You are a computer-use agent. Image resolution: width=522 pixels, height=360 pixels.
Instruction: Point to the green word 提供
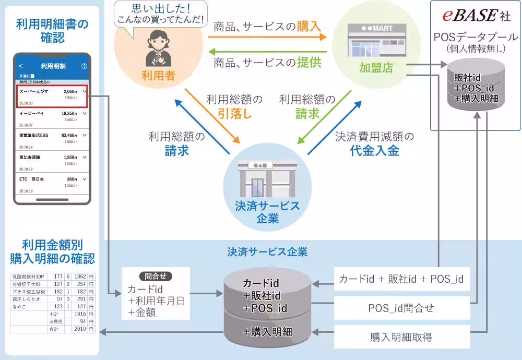point(309,63)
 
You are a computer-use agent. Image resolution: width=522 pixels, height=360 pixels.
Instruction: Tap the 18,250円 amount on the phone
point(69,113)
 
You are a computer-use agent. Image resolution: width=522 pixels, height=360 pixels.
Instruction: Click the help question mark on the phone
point(84,66)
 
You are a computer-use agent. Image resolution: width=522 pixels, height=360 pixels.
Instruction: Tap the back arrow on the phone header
point(21,66)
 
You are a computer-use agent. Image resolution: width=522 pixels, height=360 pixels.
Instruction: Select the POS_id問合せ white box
point(401,308)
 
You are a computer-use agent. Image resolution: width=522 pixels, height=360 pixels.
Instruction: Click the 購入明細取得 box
point(401,337)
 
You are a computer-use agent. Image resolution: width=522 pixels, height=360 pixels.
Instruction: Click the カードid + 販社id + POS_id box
point(401,279)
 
